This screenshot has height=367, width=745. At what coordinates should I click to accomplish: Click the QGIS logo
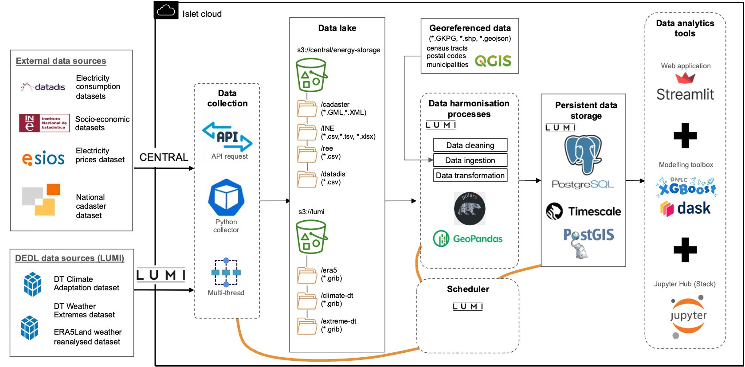point(493,61)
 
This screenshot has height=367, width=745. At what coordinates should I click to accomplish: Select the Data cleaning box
point(470,145)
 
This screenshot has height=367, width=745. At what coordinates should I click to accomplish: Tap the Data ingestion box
point(470,160)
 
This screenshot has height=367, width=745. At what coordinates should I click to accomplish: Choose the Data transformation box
point(470,176)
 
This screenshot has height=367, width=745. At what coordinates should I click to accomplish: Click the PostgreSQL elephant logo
point(583,154)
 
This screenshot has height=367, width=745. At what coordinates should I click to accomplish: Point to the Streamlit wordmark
point(685,94)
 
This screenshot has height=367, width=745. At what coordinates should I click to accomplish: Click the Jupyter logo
point(688,316)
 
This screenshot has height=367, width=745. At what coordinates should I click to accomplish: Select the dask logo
point(686,208)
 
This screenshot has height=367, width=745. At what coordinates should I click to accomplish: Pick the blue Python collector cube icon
point(226,197)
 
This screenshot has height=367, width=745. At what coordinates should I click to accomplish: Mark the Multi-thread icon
point(226,272)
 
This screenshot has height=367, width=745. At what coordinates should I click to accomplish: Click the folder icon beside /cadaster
point(307,108)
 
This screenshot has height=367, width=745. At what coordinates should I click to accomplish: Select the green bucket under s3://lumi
point(311,237)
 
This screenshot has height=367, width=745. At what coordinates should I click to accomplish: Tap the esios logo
point(43,158)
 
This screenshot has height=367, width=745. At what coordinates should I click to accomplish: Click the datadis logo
point(43,87)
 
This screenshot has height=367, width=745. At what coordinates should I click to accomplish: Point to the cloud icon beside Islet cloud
point(166,10)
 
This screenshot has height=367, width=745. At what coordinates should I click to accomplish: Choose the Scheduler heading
point(468,289)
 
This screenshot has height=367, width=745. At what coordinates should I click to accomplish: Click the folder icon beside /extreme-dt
point(307,325)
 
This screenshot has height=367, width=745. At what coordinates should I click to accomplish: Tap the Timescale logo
point(584,211)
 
